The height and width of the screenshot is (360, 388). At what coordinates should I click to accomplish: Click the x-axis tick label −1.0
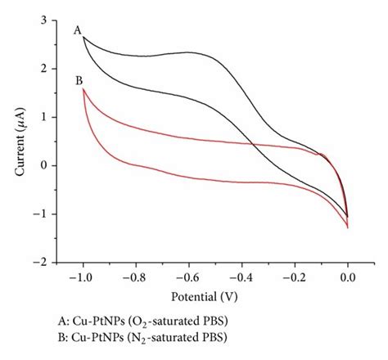[82, 277]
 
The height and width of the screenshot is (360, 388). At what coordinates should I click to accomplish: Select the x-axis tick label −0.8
[135, 277]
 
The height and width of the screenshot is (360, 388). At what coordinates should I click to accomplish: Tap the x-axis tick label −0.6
[188, 277]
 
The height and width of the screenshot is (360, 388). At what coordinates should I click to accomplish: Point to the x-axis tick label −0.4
[241, 277]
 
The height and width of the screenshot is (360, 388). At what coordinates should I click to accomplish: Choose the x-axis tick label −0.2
[295, 277]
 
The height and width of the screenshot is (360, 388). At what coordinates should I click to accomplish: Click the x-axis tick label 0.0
[348, 277]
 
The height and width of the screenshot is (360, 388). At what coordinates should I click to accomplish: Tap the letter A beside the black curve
[77, 30]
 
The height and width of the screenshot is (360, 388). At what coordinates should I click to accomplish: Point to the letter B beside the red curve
[78, 80]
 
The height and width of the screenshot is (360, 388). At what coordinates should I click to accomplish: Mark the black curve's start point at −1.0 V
[83, 37]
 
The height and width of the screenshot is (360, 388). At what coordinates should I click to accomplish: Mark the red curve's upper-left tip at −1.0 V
[83, 88]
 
